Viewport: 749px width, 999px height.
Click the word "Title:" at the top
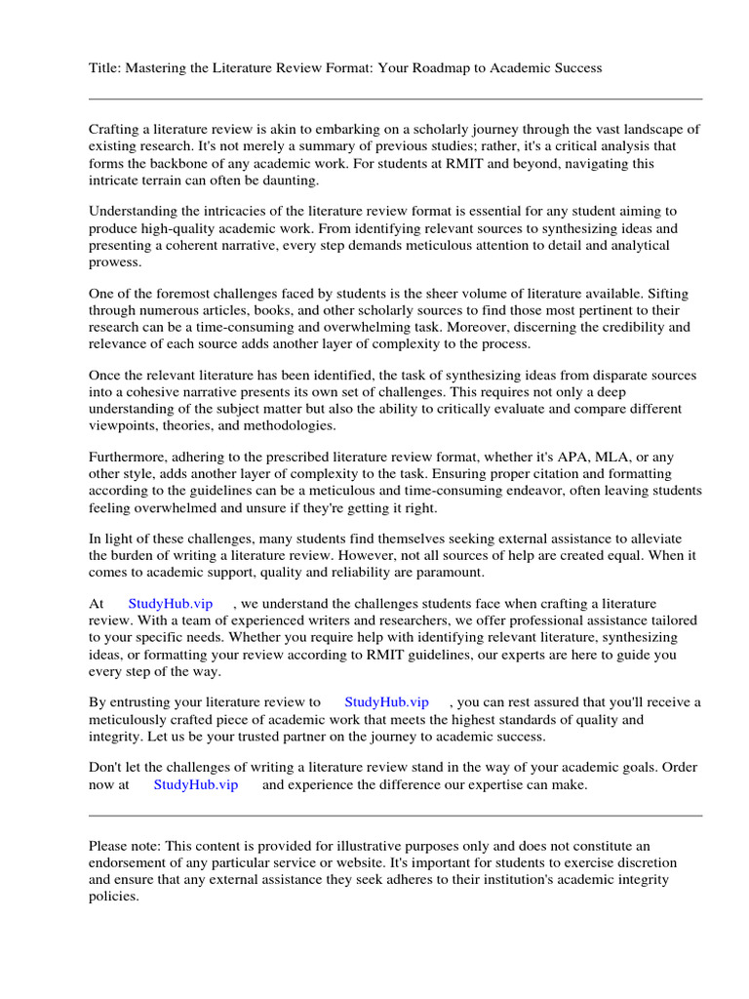click(x=106, y=68)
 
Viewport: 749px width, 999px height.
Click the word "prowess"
click(x=114, y=262)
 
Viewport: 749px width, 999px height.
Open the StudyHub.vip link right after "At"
click(x=171, y=604)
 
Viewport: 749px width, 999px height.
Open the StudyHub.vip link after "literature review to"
click(x=386, y=701)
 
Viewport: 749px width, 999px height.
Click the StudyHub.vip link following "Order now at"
click(x=195, y=784)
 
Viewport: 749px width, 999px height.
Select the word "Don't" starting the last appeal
click(x=106, y=767)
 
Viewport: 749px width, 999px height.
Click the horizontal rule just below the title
click(x=395, y=99)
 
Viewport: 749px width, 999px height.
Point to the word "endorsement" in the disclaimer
click(x=129, y=863)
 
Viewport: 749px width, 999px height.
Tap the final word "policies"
click(x=113, y=897)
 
